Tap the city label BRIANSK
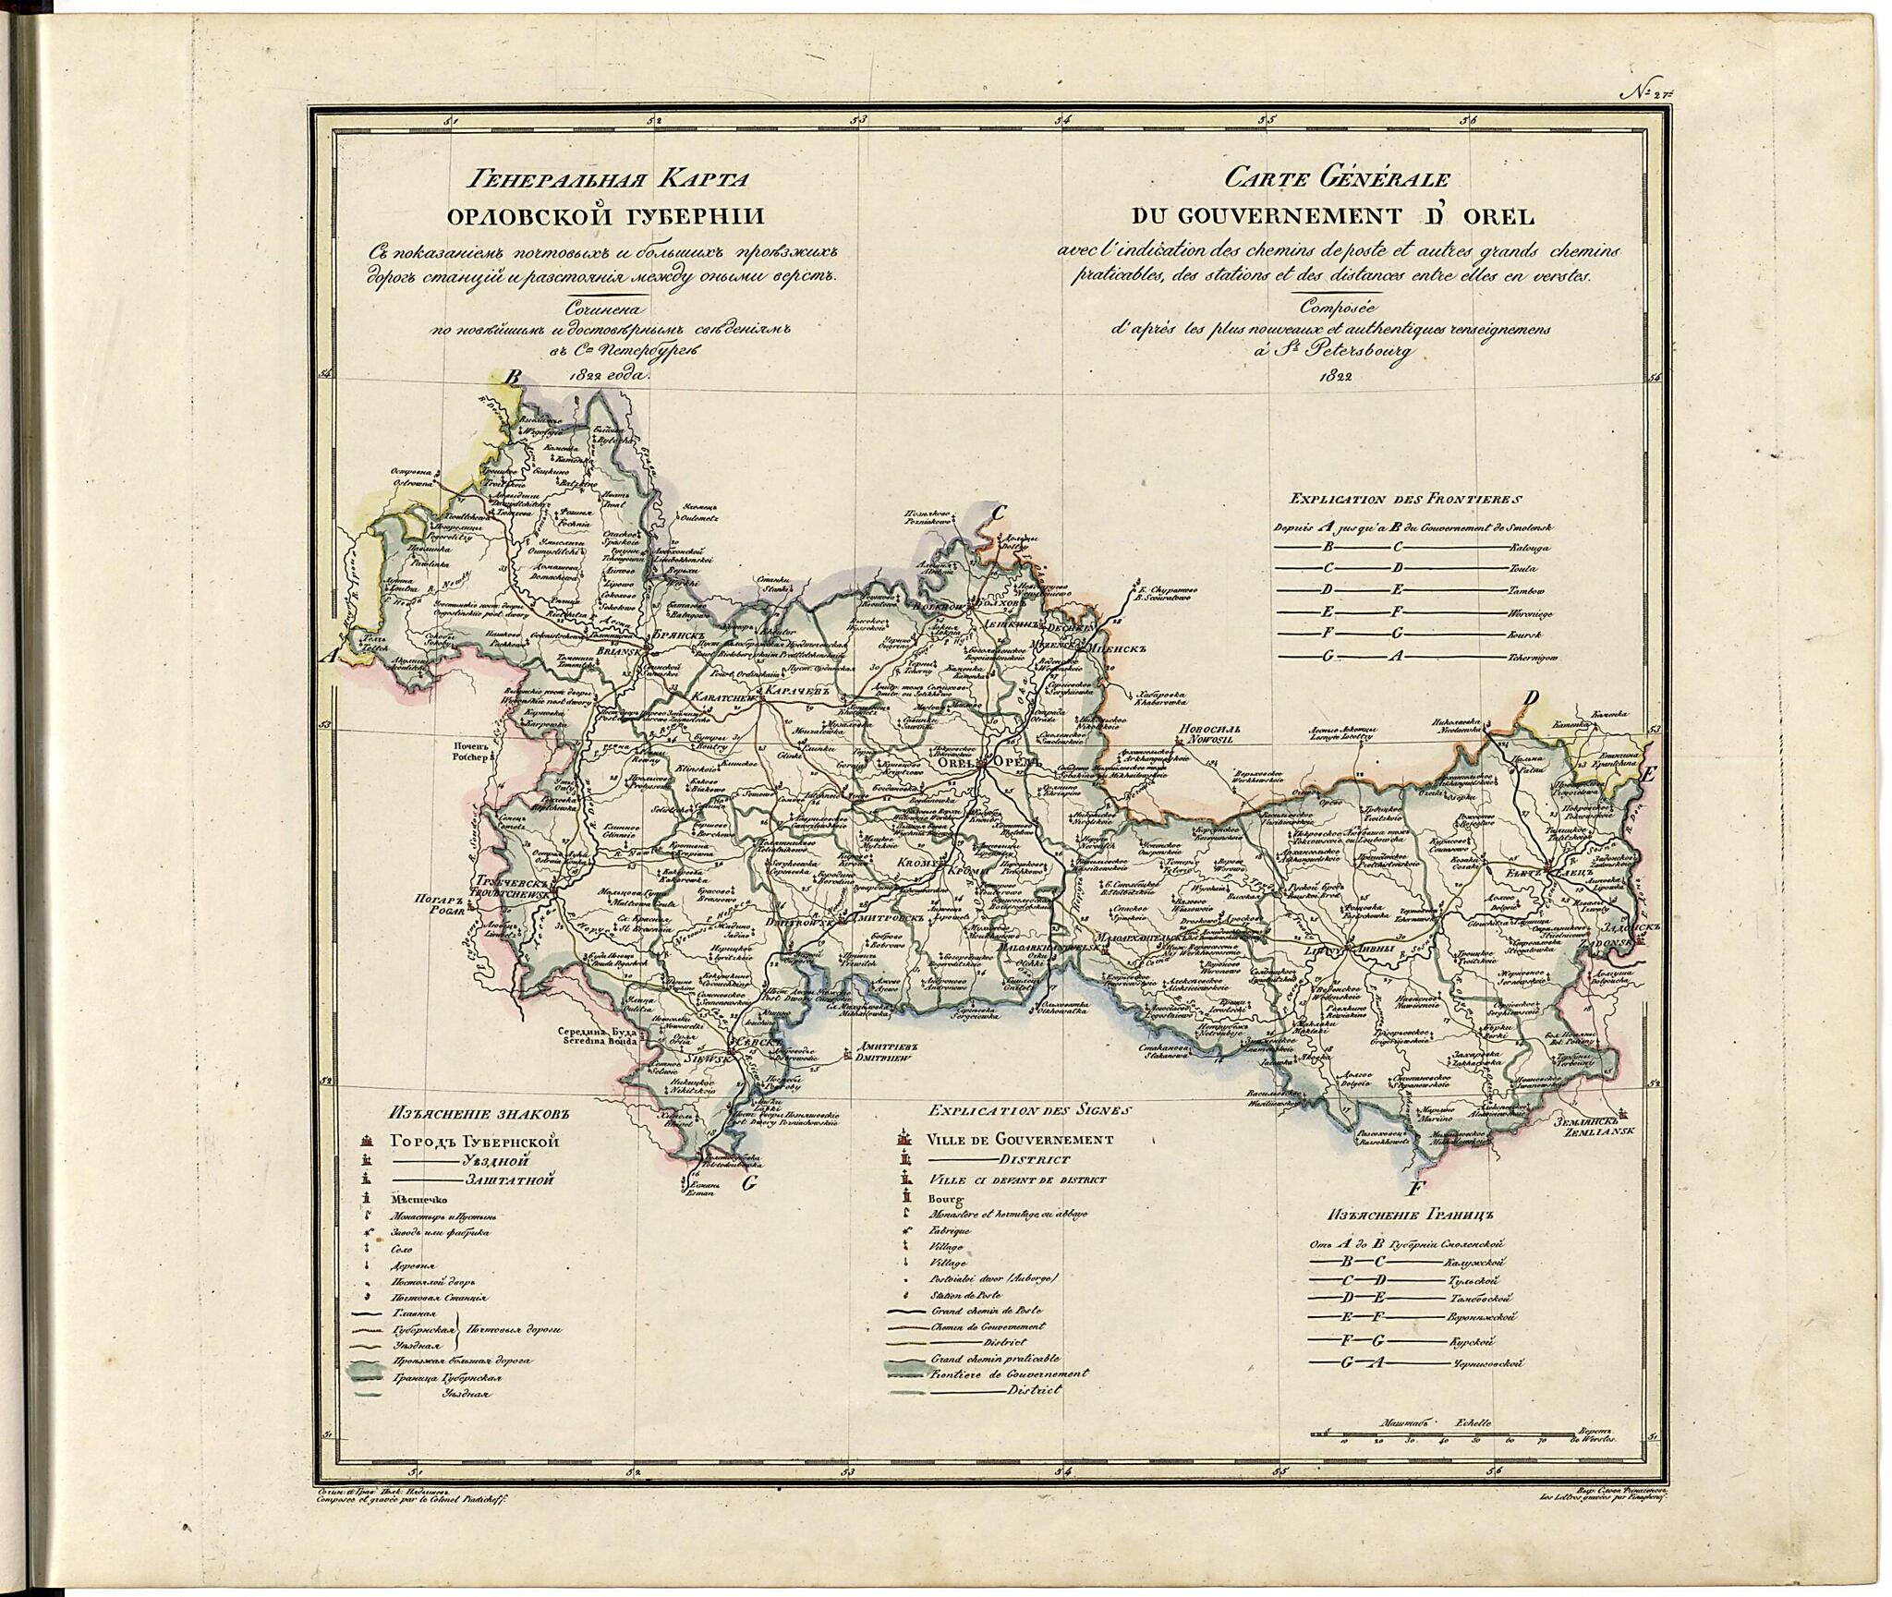click(x=607, y=652)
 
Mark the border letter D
click(x=1531, y=699)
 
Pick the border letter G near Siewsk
click(x=749, y=1183)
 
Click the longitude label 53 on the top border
click(x=860, y=119)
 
